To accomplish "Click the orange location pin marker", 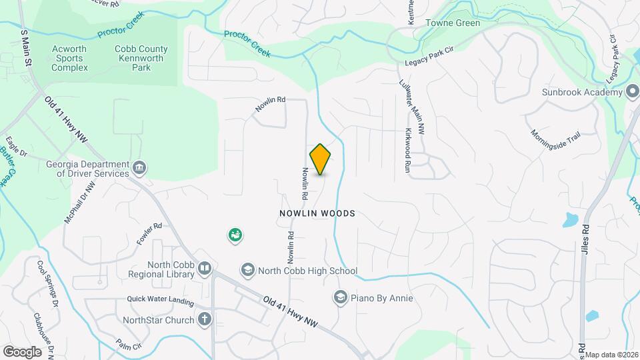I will [x=321, y=159].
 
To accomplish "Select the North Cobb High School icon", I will [x=248, y=270].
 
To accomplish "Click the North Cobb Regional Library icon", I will [x=205, y=269].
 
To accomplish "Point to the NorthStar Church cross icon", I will [x=205, y=319].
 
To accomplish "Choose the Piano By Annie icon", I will [x=340, y=297].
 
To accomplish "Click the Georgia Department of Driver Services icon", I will [x=139, y=167].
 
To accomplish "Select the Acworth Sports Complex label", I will [x=69, y=58].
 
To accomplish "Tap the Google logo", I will [x=22, y=351].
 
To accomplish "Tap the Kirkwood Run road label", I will [x=408, y=151].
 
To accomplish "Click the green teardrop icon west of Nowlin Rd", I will [x=235, y=235].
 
